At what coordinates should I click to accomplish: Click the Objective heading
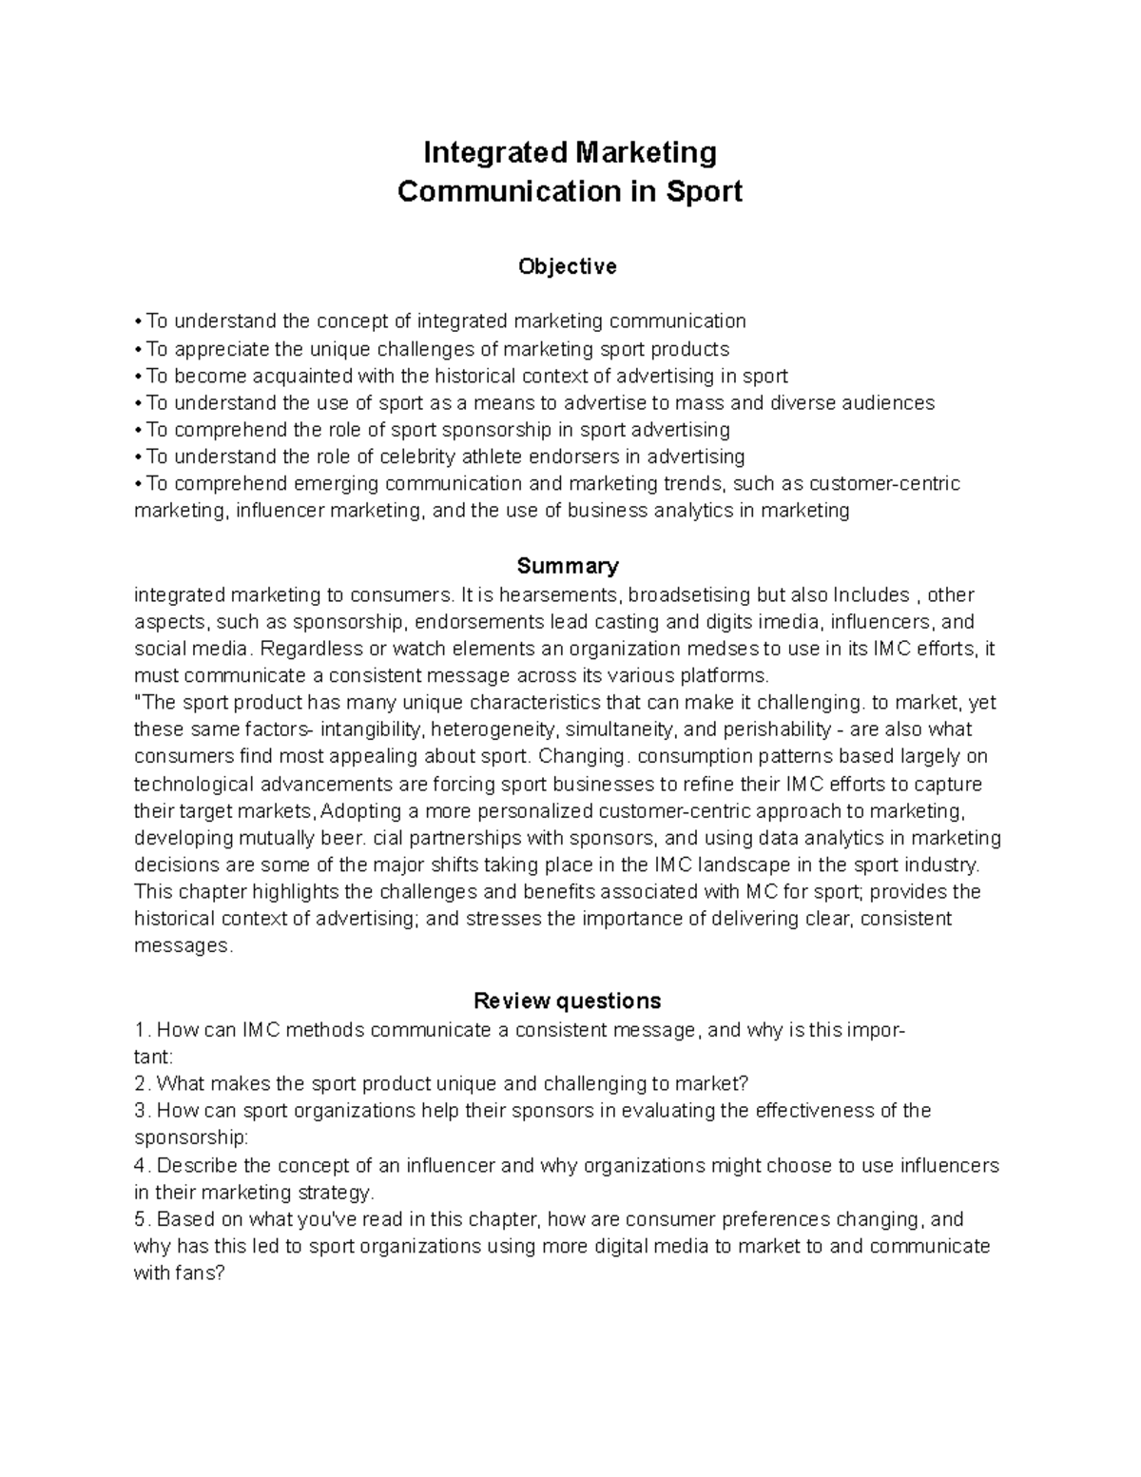(567, 266)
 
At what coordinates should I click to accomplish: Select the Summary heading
(567, 566)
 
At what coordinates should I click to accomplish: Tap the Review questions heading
(567, 1001)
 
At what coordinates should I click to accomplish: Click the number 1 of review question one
(141, 1029)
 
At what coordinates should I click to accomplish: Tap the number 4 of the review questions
(141, 1165)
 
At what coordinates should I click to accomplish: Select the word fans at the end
(198, 1273)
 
